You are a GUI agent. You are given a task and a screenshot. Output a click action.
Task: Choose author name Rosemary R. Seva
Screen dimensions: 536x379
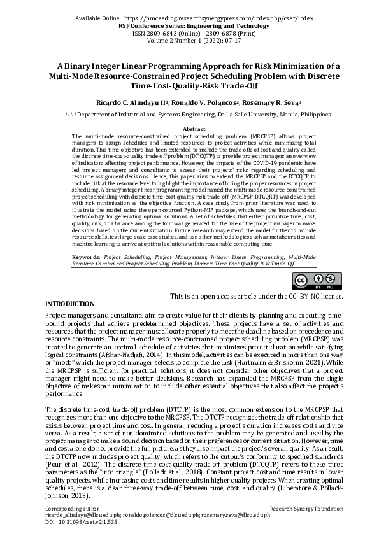coord(271,102)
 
